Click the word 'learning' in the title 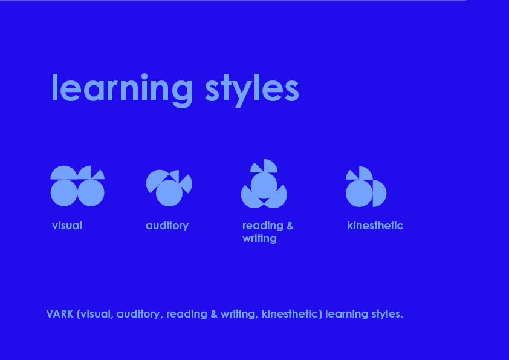coord(122,90)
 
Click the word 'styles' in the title coord(252,90)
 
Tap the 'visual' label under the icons coord(67,226)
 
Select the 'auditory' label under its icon coord(167,226)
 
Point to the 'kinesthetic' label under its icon coord(375,226)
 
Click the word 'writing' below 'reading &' coord(259,238)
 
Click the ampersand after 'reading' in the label coord(290,226)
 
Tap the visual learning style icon coord(77,186)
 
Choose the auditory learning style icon coord(169,188)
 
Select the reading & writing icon coord(264,183)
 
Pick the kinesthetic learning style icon coord(366,187)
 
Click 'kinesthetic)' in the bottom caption coord(292,314)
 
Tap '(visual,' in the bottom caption coord(95,314)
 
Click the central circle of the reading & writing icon coord(264,186)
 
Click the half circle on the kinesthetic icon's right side coord(380,194)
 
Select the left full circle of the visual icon coord(64,192)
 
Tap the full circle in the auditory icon coord(169,193)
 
